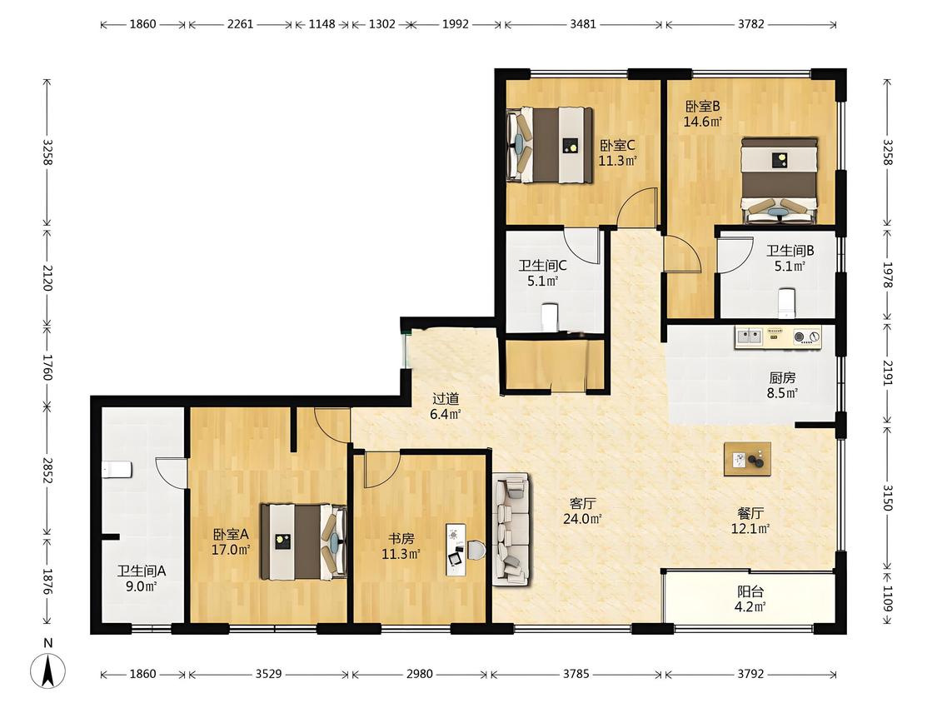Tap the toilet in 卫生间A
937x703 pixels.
pos(117,470)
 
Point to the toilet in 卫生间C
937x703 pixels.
pos(549,317)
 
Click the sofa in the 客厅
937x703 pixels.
pos(511,529)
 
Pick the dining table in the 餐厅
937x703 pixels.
pos(747,459)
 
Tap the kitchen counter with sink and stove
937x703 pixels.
pos(777,337)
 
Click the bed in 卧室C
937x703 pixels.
pos(549,145)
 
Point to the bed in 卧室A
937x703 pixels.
pos(303,541)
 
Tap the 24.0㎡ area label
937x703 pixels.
pos(582,519)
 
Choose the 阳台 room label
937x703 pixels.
pos(750,592)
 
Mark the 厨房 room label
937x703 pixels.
pos(782,378)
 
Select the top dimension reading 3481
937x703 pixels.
pos(583,24)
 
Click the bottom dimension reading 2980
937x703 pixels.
pos(419,674)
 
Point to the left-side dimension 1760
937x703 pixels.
pos(47,367)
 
